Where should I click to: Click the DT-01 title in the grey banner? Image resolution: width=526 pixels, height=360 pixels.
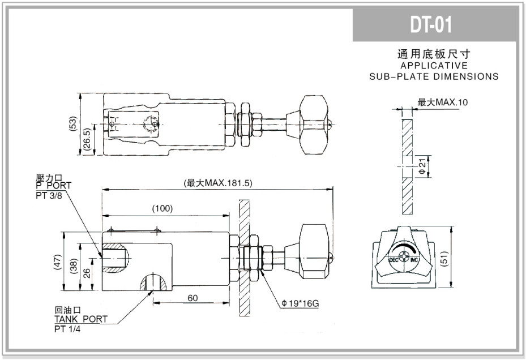click(431, 25)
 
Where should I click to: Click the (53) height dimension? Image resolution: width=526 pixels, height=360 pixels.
click(73, 124)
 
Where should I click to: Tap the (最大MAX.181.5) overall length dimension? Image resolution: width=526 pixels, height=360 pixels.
click(218, 183)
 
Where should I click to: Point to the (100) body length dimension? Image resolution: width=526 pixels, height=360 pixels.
click(162, 209)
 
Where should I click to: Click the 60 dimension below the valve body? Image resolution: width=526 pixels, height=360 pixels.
click(193, 298)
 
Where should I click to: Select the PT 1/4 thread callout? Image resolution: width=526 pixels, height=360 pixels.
click(67, 329)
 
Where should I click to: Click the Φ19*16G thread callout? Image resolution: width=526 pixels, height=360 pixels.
click(301, 303)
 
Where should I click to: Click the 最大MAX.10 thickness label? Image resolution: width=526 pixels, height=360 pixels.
click(443, 102)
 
